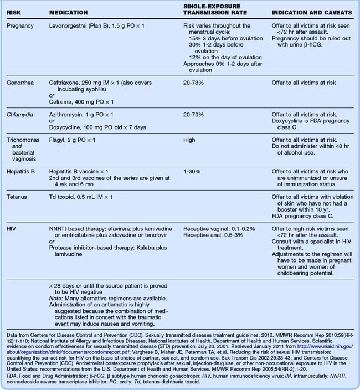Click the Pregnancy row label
coord(20,26)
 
